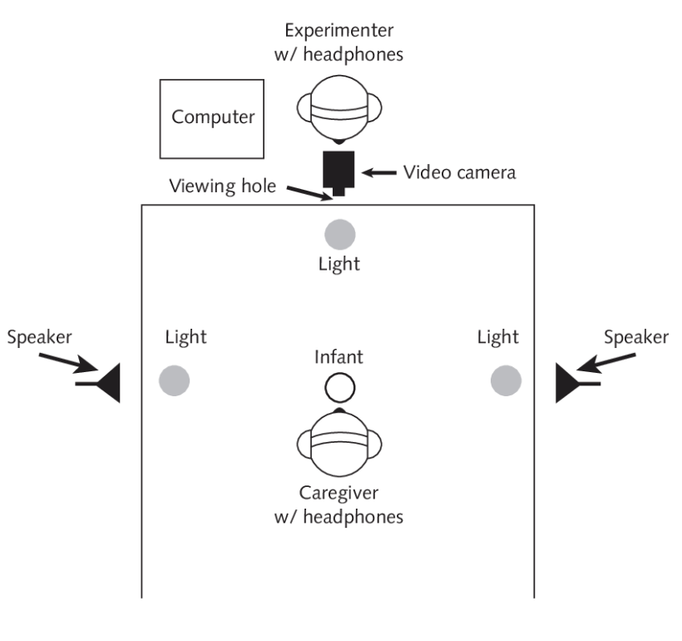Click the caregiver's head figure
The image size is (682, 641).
click(339, 442)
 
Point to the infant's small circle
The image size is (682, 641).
click(339, 387)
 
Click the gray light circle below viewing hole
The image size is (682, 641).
click(339, 232)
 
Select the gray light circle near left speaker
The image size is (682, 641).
click(175, 380)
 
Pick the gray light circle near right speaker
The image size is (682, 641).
click(506, 380)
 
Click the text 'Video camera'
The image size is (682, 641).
click(459, 172)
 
